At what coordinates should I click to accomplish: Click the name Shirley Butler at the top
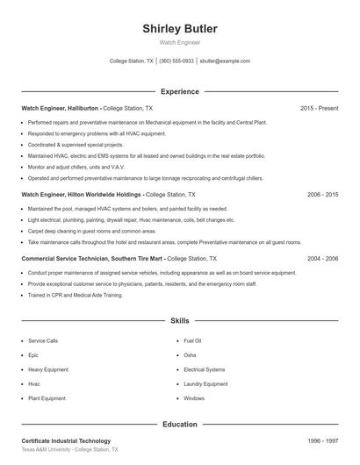point(180,29)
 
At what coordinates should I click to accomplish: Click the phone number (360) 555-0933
point(176,61)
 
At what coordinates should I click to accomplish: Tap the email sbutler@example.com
point(225,61)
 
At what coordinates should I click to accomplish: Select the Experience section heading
point(180,91)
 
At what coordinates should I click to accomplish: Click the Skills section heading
point(180,322)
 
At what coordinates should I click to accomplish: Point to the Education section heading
point(180,424)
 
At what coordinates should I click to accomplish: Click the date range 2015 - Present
point(319,109)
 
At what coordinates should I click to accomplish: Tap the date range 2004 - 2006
point(322,259)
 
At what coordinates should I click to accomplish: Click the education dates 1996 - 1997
point(322,440)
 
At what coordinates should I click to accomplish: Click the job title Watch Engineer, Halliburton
point(60,109)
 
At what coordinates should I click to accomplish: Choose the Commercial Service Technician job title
point(91,259)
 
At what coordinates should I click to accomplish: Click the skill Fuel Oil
point(192,340)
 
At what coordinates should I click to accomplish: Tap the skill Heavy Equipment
point(47,369)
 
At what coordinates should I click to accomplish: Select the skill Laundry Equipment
point(205,383)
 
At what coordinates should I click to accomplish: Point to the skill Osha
point(190,354)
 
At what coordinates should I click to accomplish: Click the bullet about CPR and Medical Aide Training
point(74,296)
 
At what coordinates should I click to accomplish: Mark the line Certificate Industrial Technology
point(66,440)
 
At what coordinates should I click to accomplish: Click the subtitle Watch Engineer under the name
point(180,42)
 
